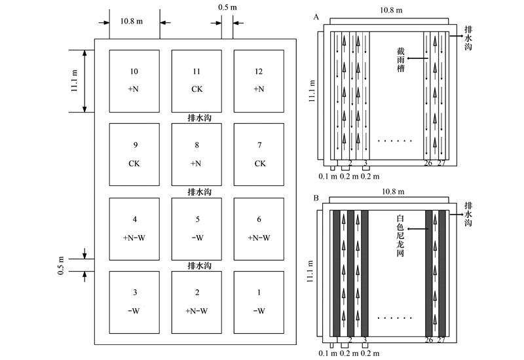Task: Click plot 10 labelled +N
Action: (134, 81)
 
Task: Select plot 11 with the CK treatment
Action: (196, 81)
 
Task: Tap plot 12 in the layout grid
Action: (259, 81)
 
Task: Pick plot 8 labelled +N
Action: (196, 154)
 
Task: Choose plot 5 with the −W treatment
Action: (196, 229)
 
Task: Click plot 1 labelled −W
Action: (259, 302)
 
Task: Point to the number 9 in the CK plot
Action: (136, 145)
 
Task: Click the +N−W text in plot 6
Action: (259, 238)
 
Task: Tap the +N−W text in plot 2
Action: (196, 311)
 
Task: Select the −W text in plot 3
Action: (134, 311)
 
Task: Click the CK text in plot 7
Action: (260, 164)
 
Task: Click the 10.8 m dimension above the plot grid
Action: (132, 22)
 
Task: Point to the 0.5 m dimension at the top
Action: (227, 7)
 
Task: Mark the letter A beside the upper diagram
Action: (316, 17)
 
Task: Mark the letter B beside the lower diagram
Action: (316, 198)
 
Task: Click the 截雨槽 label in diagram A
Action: (400, 60)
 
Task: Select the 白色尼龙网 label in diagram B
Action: (400, 236)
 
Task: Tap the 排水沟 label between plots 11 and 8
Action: (200, 118)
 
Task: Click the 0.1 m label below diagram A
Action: (328, 176)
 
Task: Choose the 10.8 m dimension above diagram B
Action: (393, 192)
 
